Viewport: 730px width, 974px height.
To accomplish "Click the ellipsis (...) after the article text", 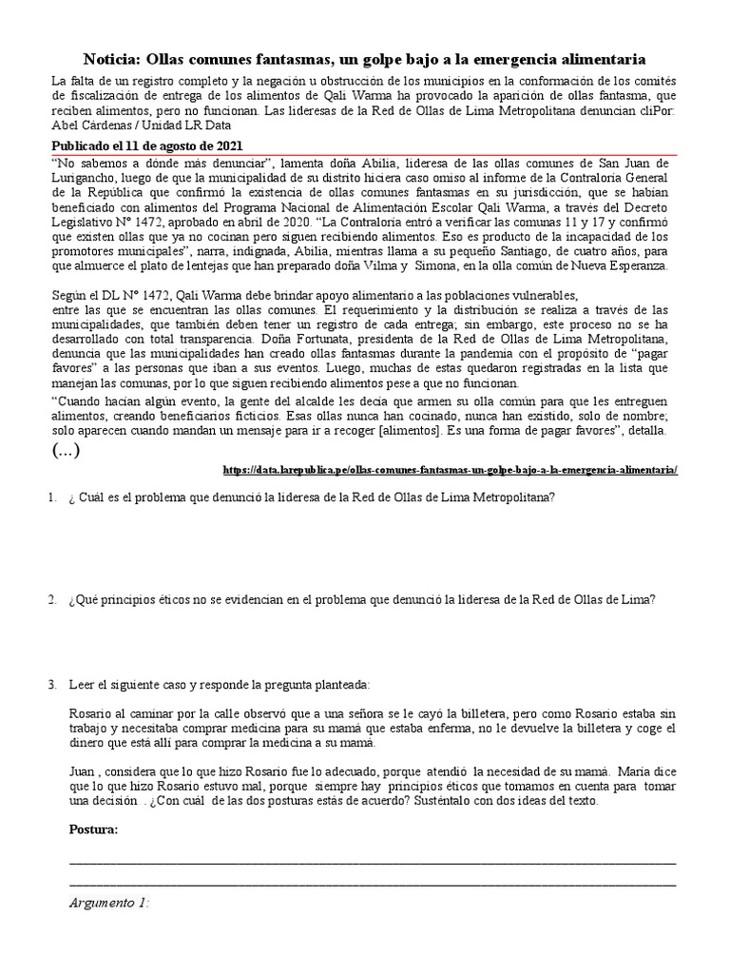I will (66, 451).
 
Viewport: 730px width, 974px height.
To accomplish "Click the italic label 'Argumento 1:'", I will (109, 904).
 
